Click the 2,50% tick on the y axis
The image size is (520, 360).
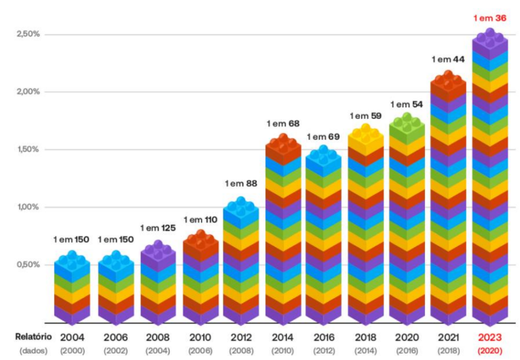tap(28, 34)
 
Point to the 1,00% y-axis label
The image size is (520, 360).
tap(28, 207)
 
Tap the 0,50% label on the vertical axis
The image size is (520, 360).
tap(28, 264)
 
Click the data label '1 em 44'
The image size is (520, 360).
tap(447, 60)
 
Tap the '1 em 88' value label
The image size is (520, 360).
tap(241, 184)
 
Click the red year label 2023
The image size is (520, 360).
tap(490, 337)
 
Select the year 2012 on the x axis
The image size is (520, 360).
tap(241, 337)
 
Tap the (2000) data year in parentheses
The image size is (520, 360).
tap(72, 350)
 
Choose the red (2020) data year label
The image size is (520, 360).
tap(490, 350)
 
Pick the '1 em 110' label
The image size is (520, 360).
tap(200, 220)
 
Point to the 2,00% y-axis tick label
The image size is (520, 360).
tap(28, 91)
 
